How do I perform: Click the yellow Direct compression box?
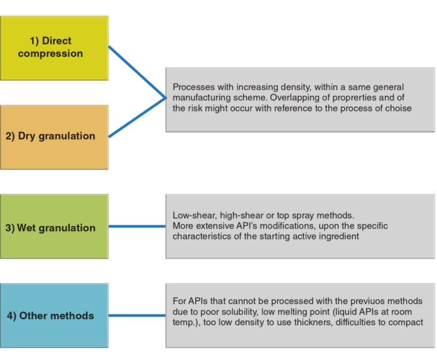pyautogui.click(x=54, y=48)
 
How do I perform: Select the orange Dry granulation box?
pyautogui.click(x=54, y=136)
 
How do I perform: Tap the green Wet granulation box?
pyautogui.click(x=54, y=227)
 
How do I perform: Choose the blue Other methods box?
pyautogui.click(x=54, y=315)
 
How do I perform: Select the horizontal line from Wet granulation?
pyautogui.click(x=137, y=227)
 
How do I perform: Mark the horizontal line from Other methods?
pyautogui.click(x=137, y=315)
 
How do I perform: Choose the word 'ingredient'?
pyautogui.click(x=319, y=237)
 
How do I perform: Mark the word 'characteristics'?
pyautogui.click(x=202, y=237)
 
